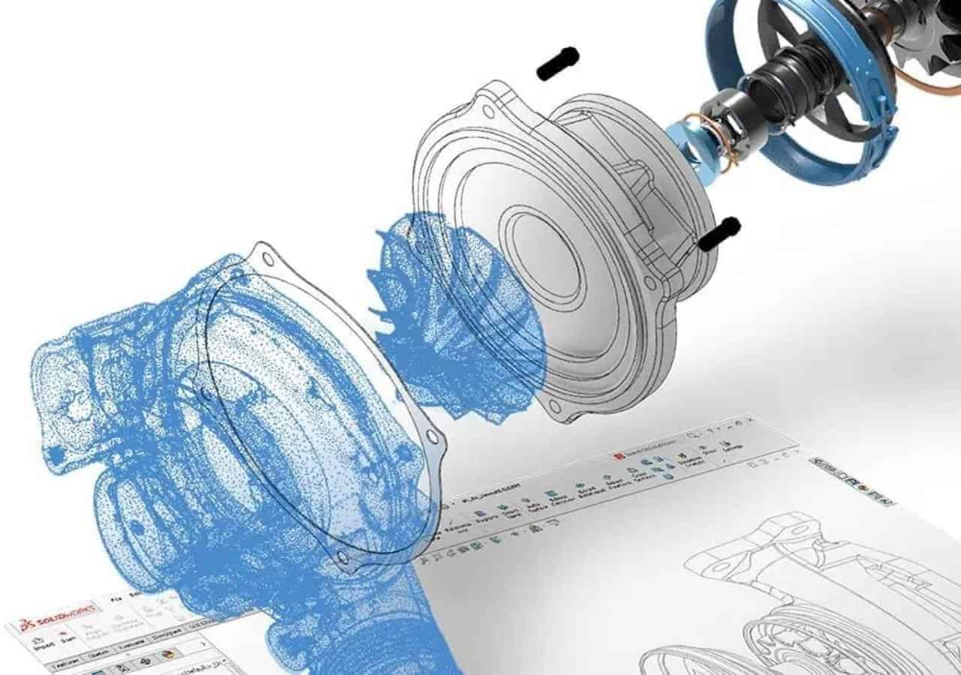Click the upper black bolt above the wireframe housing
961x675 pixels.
coord(558,63)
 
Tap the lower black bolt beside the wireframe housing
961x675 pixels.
coord(719,233)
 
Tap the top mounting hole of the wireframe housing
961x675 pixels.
coord(489,111)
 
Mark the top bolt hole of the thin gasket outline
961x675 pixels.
coord(267,259)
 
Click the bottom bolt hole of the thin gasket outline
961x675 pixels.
coord(343,556)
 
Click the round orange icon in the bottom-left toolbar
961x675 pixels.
coord(167,654)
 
